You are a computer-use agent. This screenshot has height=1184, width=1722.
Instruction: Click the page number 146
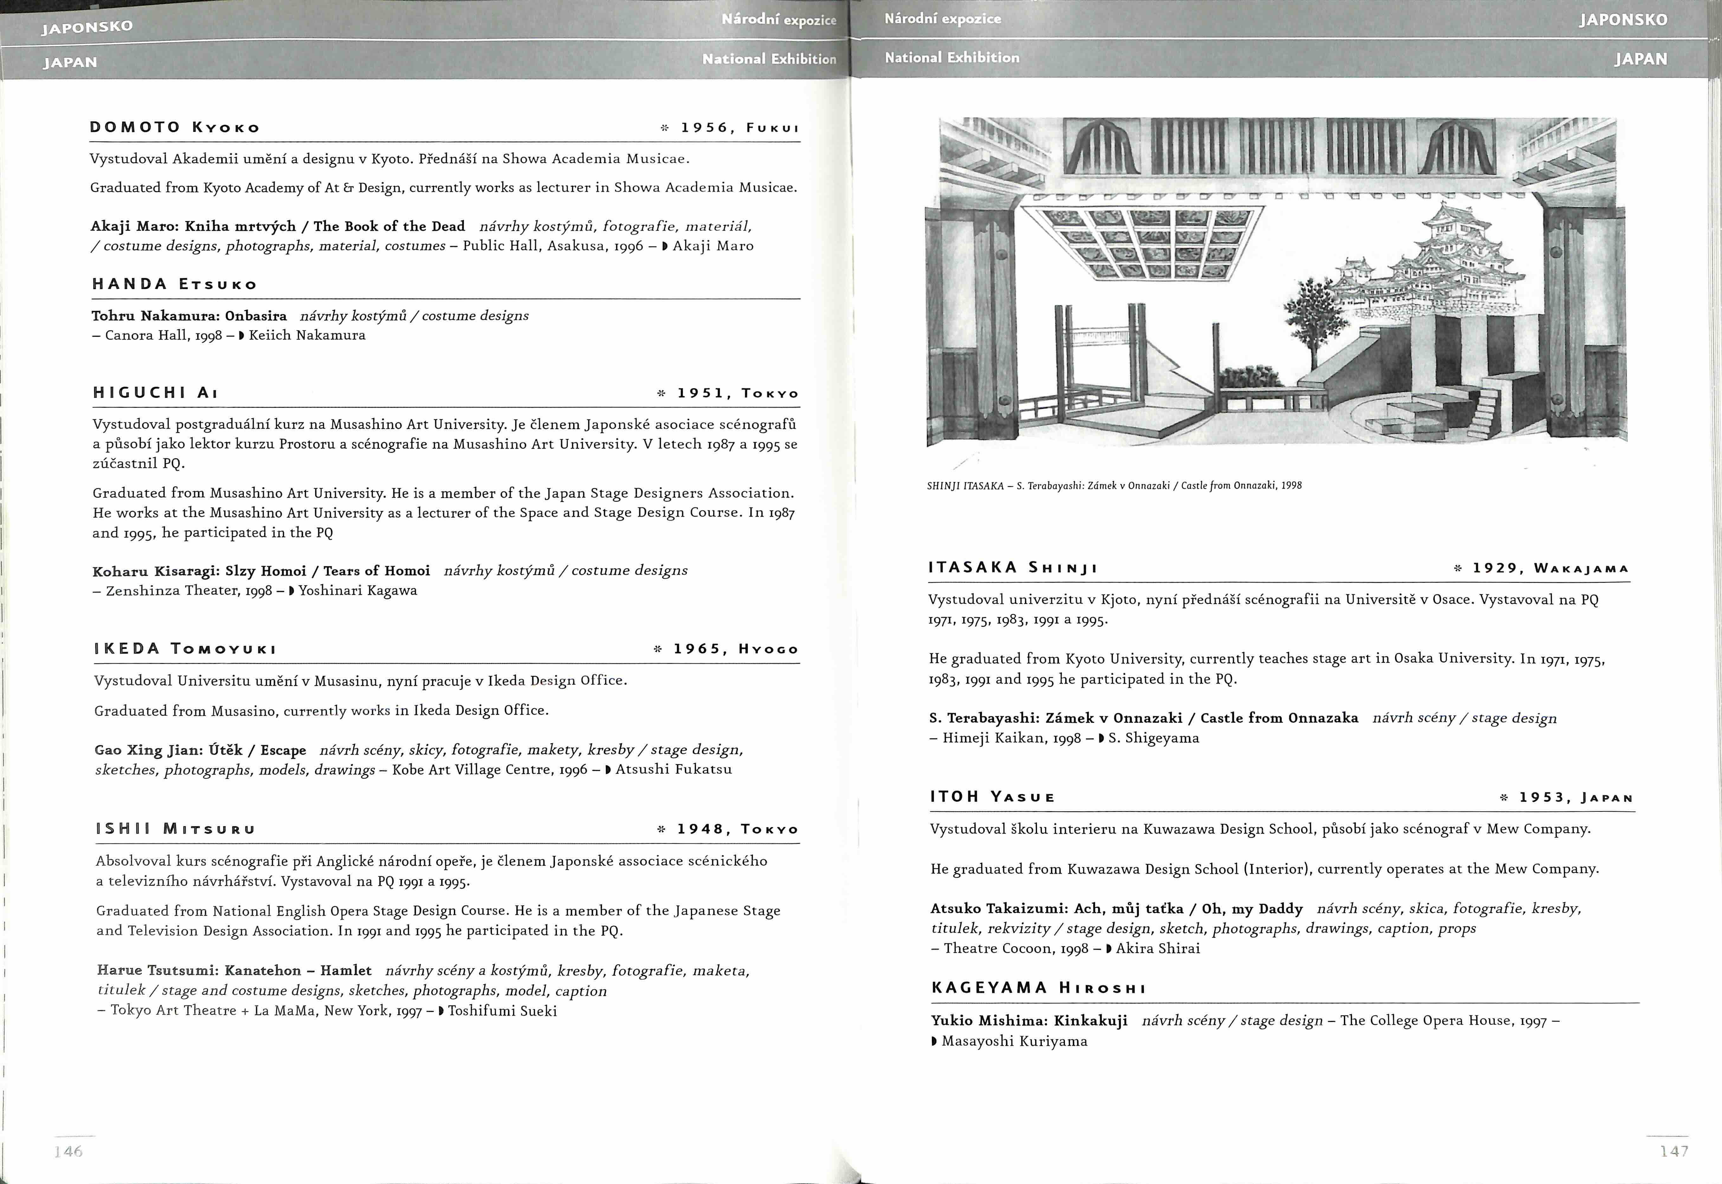click(68, 1151)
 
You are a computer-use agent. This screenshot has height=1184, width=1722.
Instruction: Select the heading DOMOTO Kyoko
click(175, 127)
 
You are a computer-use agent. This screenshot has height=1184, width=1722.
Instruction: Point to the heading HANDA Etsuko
click(175, 284)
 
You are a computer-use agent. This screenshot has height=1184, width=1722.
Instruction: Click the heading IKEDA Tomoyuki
click(185, 649)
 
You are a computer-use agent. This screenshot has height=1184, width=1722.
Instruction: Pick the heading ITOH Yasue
click(992, 797)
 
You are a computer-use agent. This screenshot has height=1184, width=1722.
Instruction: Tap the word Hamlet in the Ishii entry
click(346, 970)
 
